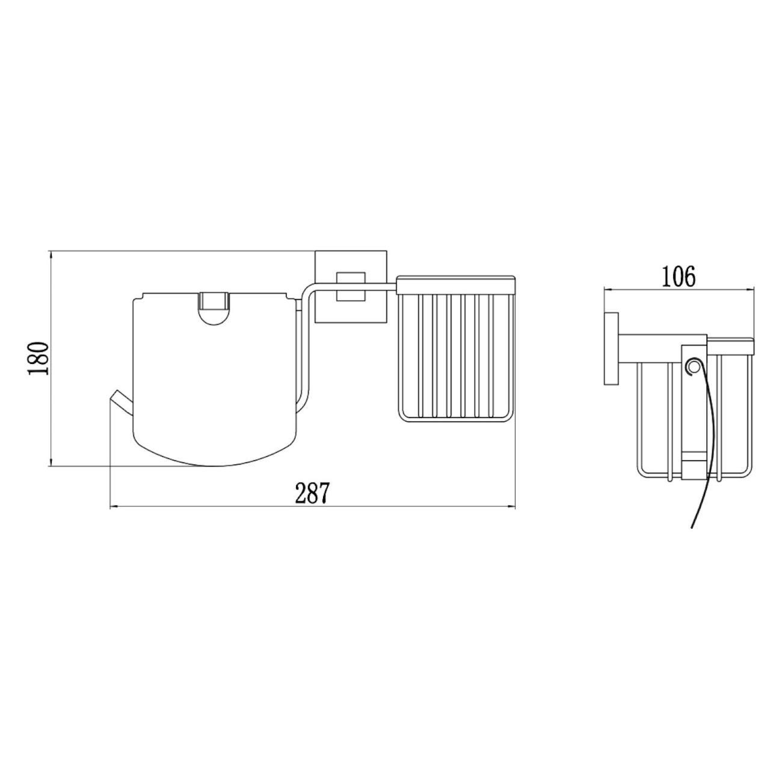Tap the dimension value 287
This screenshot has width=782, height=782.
point(311,493)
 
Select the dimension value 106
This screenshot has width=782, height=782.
point(679,277)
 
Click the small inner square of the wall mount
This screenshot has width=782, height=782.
point(351,286)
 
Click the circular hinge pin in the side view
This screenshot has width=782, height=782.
point(694,368)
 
